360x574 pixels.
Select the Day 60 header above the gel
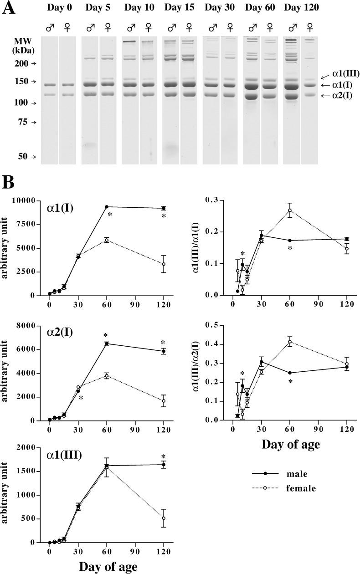(x=260, y=8)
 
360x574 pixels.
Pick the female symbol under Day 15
(x=188, y=27)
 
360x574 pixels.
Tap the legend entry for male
(x=296, y=474)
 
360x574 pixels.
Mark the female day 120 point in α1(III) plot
(x=164, y=518)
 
